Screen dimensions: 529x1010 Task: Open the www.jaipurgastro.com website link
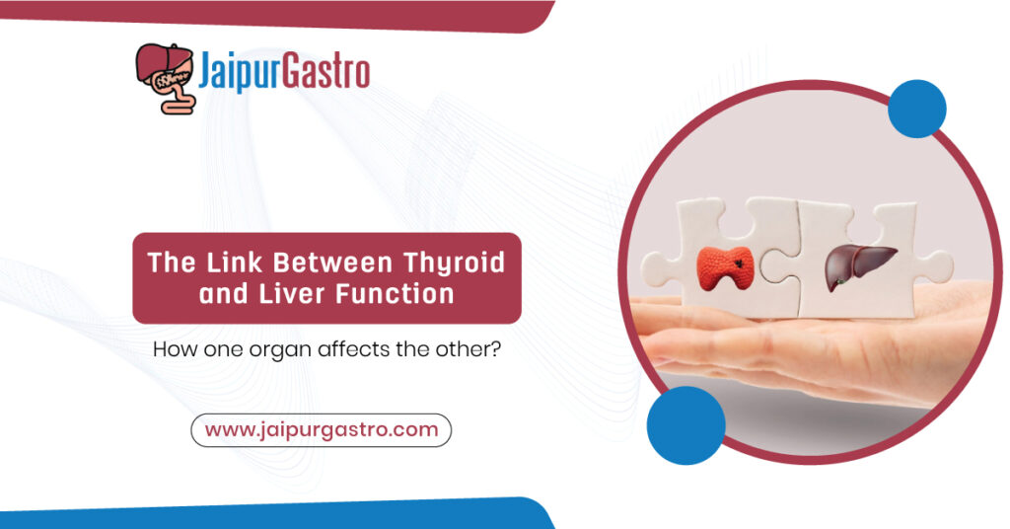click(x=321, y=430)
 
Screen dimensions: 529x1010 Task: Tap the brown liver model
click(x=859, y=264)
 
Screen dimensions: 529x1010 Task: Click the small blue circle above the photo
click(x=916, y=109)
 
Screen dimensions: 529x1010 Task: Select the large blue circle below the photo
click(x=685, y=424)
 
